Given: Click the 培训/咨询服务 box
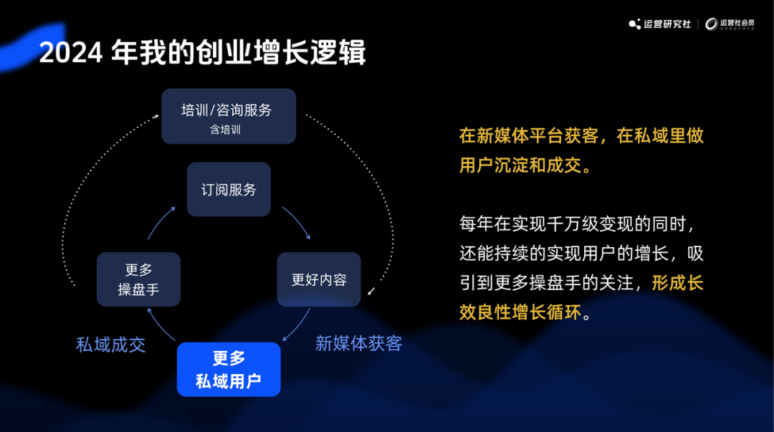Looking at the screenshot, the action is (x=228, y=116).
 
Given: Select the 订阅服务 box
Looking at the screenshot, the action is (x=229, y=190).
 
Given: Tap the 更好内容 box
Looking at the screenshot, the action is (x=319, y=279).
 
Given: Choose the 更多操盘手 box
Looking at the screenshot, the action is (x=138, y=279).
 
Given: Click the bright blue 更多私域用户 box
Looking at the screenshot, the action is (x=229, y=370).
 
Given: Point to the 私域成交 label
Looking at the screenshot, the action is (x=111, y=345).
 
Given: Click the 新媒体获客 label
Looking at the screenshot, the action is (x=358, y=343).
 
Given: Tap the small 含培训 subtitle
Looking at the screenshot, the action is (x=226, y=130).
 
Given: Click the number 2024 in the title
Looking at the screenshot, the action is (x=70, y=52).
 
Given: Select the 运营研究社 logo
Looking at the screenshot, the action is (x=660, y=24).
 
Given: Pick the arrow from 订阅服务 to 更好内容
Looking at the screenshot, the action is (x=297, y=222).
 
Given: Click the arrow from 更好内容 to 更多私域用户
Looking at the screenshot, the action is (x=297, y=326).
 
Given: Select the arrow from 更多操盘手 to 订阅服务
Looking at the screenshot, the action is (x=161, y=222).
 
